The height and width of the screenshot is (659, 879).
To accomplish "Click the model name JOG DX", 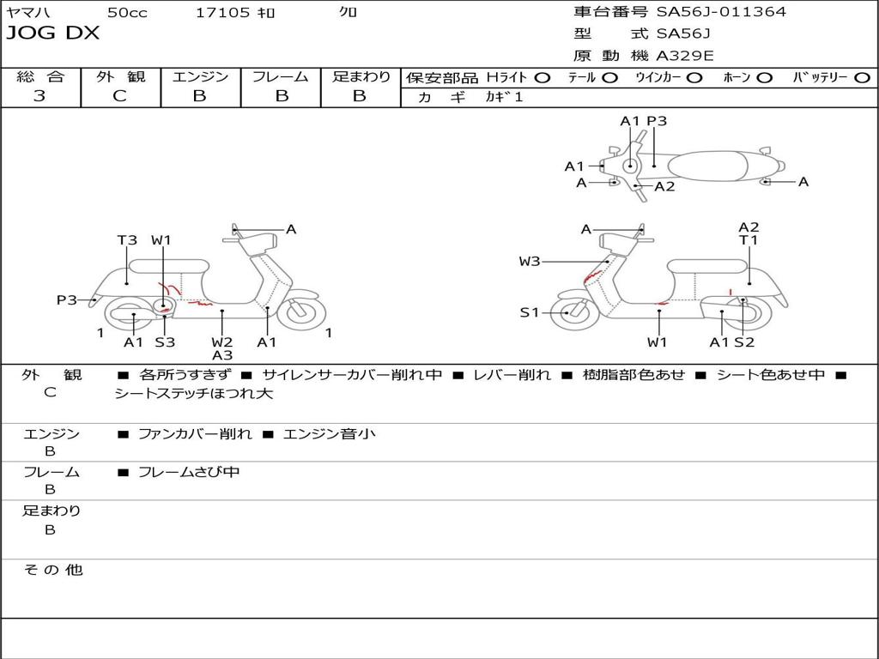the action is (x=53, y=33).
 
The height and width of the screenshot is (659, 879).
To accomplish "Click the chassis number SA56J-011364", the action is (x=721, y=12).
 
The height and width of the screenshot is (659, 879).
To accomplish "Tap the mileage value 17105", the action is (x=222, y=12).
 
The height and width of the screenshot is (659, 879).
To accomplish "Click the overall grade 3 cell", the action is (x=39, y=96).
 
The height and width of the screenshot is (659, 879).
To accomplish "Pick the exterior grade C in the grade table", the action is (x=119, y=96).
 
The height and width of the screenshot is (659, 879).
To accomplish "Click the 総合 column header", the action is (x=39, y=76).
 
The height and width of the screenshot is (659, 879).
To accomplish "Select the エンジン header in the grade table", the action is (x=200, y=76).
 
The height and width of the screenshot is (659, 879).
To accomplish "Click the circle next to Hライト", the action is (x=542, y=77).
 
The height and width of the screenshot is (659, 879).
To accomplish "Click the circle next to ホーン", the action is (x=765, y=77).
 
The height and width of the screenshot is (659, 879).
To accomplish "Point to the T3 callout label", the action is (x=127, y=240).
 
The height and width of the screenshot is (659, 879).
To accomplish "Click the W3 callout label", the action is (x=530, y=261).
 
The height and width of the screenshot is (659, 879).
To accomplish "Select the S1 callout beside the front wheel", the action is (x=530, y=312).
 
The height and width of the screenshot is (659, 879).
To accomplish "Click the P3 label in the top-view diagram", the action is (x=657, y=121).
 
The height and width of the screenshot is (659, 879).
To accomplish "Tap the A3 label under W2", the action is (x=222, y=355).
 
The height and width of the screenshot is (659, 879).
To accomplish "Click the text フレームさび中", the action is (x=189, y=472).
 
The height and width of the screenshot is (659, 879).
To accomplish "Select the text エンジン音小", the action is (x=330, y=434).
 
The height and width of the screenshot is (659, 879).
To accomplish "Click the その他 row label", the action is (x=52, y=570).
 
